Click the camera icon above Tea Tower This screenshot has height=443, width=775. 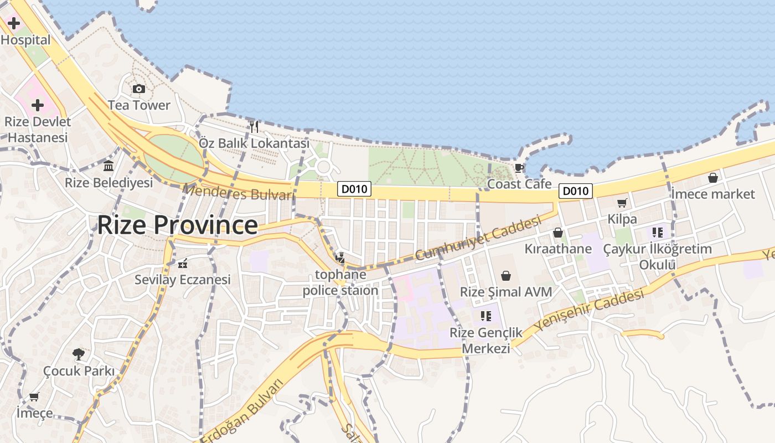(138, 89)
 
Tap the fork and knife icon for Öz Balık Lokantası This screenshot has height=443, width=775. (254, 127)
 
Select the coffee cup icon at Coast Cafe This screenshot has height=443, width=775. (519, 167)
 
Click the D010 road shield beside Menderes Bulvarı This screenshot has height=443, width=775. (354, 189)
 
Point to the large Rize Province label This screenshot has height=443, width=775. (177, 225)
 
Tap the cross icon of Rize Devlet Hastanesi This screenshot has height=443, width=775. (38, 105)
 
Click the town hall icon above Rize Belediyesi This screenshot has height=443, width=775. (108, 166)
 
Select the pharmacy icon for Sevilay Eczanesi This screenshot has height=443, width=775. (182, 263)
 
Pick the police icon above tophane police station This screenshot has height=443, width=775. (340, 257)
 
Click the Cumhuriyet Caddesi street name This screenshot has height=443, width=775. (477, 239)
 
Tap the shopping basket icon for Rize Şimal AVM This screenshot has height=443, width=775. (506, 276)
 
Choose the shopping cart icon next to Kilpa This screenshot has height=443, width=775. (622, 203)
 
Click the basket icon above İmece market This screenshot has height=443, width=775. (713, 178)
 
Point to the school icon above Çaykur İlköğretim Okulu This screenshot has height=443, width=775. (658, 233)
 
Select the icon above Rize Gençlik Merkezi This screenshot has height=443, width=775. (486, 316)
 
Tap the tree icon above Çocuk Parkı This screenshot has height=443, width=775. (79, 354)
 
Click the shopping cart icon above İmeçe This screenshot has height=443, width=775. (34, 396)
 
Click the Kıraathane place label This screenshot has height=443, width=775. (558, 249)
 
